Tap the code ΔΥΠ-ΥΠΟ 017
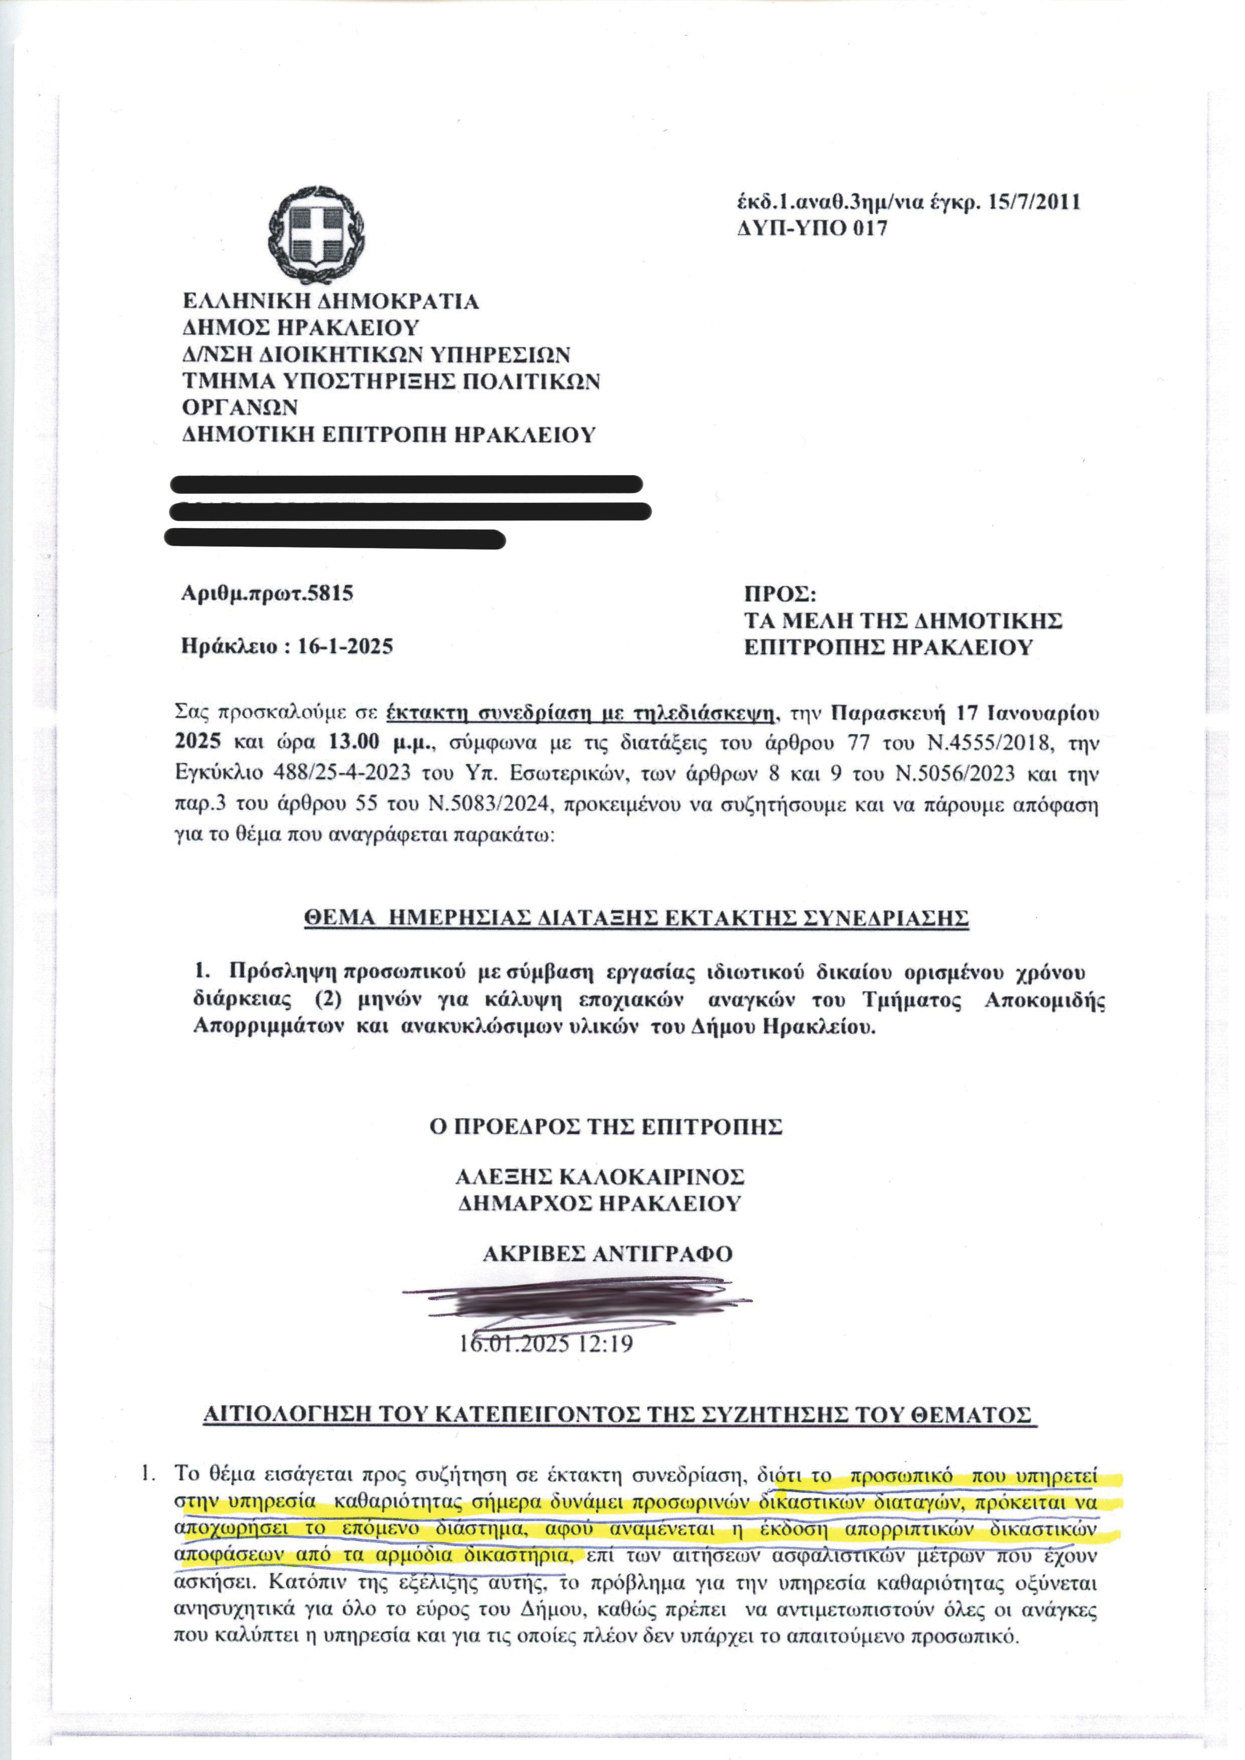click(810, 228)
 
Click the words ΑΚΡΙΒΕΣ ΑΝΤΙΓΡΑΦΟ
click(607, 1254)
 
